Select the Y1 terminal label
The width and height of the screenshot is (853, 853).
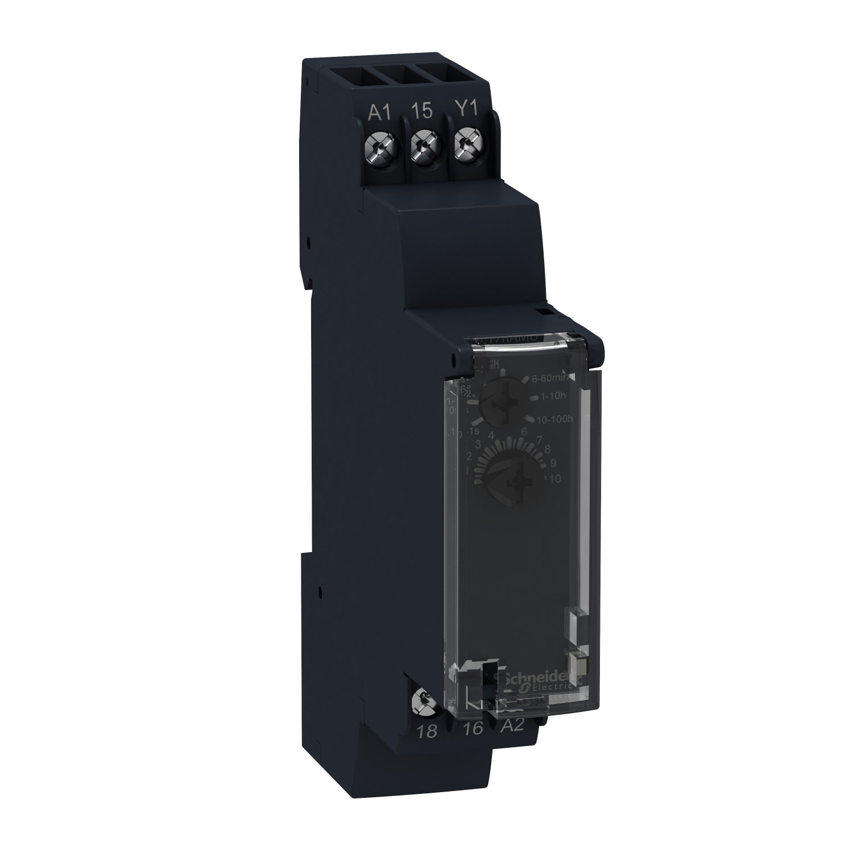point(467,111)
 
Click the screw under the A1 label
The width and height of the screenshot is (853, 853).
point(378,150)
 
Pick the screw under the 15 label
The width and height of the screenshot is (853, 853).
point(424,150)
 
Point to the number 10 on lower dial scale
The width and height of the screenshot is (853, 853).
point(554,479)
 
